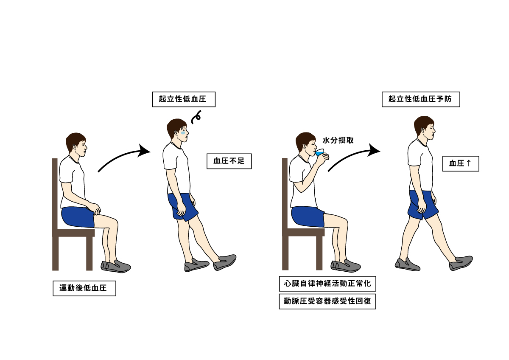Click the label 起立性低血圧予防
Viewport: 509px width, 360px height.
coord(421,99)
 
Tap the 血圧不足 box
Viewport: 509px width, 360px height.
coord(229,161)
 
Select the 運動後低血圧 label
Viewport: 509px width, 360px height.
coord(84,288)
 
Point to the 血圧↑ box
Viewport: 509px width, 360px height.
coord(461,163)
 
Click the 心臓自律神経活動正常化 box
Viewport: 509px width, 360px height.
coord(327,284)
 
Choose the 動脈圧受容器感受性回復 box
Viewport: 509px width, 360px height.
coord(327,301)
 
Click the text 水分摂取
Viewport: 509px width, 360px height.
coord(338,141)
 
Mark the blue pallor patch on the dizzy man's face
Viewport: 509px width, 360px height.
coord(184,132)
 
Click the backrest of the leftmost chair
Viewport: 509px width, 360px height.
coord(55,193)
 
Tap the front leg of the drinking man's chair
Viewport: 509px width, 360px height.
coord(319,253)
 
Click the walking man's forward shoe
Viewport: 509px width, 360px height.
coord(461,263)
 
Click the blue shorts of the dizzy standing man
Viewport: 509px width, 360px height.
coord(182,206)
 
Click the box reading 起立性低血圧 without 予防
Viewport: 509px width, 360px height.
coord(184,99)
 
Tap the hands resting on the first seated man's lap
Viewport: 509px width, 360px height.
coord(94,208)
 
